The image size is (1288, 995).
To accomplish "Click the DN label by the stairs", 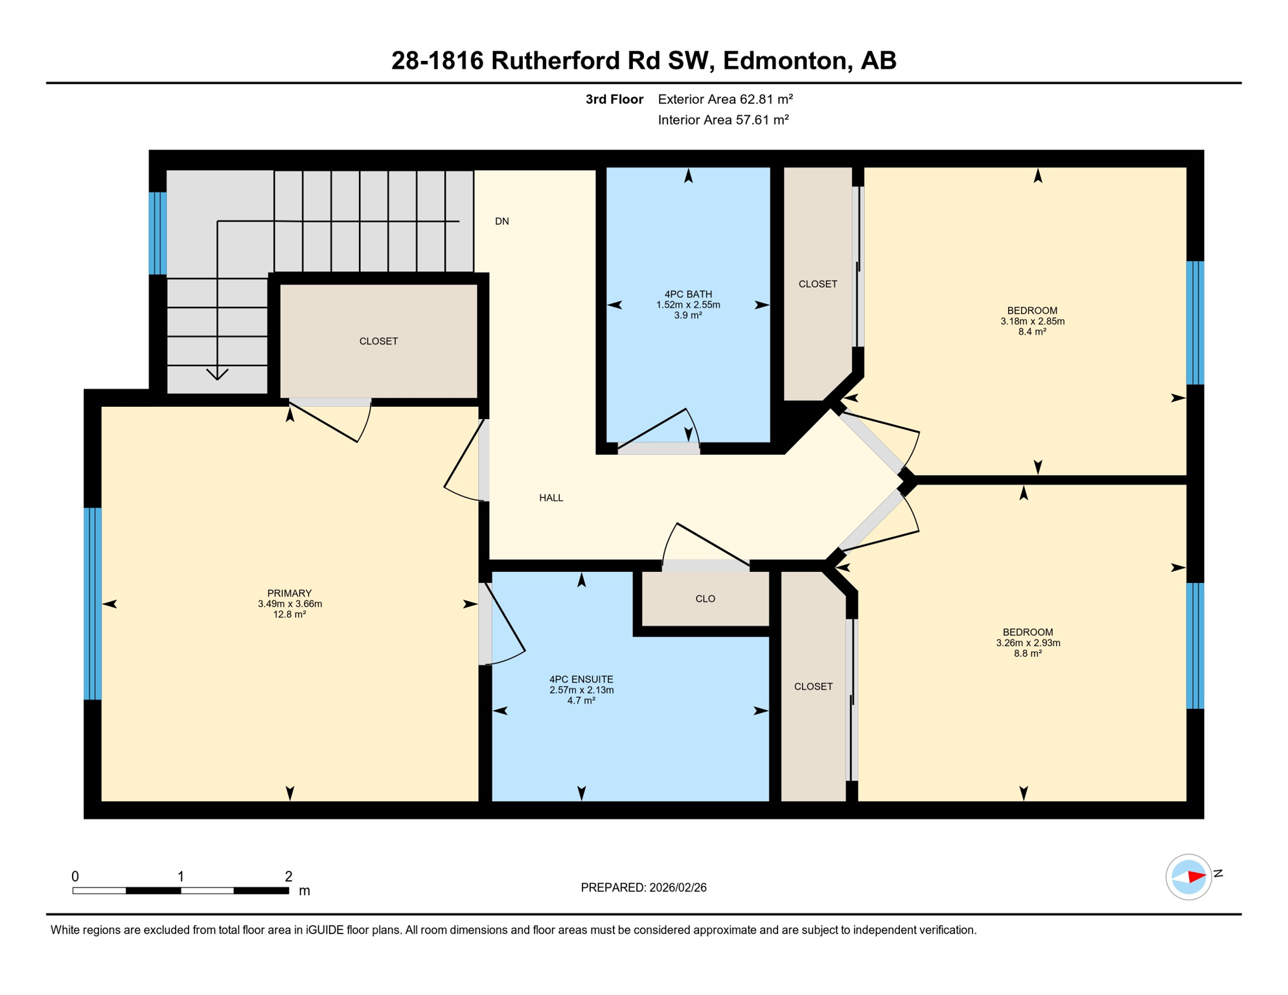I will pyautogui.click(x=501, y=222).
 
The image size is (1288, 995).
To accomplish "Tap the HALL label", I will pyautogui.click(x=551, y=498).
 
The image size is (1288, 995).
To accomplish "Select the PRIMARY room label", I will pyautogui.click(x=290, y=593).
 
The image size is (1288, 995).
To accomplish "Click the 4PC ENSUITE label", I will pyautogui.click(x=581, y=680).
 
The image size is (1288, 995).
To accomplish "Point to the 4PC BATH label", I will pyautogui.click(x=688, y=294).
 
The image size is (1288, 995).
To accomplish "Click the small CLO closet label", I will pyautogui.click(x=705, y=599).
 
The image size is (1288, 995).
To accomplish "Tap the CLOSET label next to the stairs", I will pyautogui.click(x=378, y=341).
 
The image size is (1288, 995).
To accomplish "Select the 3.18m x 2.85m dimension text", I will pyautogui.click(x=1032, y=321).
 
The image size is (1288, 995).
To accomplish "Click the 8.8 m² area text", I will pyautogui.click(x=1028, y=654).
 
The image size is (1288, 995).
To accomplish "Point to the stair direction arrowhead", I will pyautogui.click(x=217, y=375).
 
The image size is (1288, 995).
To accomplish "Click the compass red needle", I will pyautogui.click(x=1196, y=877).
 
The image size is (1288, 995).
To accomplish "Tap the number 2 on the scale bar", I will pyautogui.click(x=288, y=876).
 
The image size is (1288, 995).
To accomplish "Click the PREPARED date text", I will pyautogui.click(x=643, y=888).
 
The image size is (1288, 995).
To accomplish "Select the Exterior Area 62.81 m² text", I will pyautogui.click(x=725, y=99).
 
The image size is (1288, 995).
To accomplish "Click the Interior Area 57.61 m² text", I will pyautogui.click(x=723, y=120).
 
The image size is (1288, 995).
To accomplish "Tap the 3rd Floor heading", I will pyautogui.click(x=614, y=99).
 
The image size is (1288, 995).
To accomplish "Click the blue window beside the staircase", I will pyautogui.click(x=157, y=233).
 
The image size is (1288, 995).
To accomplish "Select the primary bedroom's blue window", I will pyautogui.click(x=93, y=604).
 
